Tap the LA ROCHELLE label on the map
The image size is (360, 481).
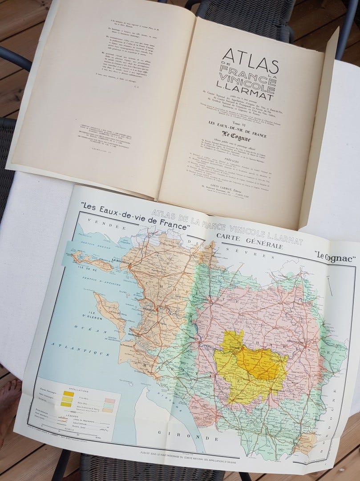point(122,261)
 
